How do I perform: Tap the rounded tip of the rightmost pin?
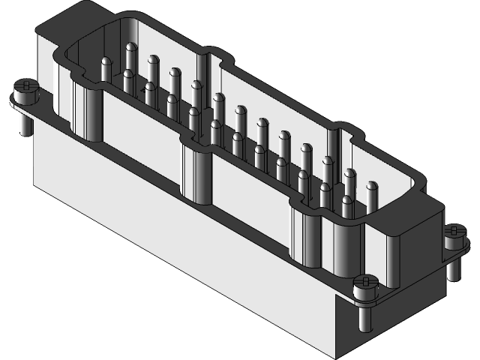[x=370, y=184]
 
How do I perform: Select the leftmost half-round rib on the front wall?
[x=88, y=112]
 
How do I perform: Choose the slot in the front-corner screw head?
[x=365, y=281]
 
